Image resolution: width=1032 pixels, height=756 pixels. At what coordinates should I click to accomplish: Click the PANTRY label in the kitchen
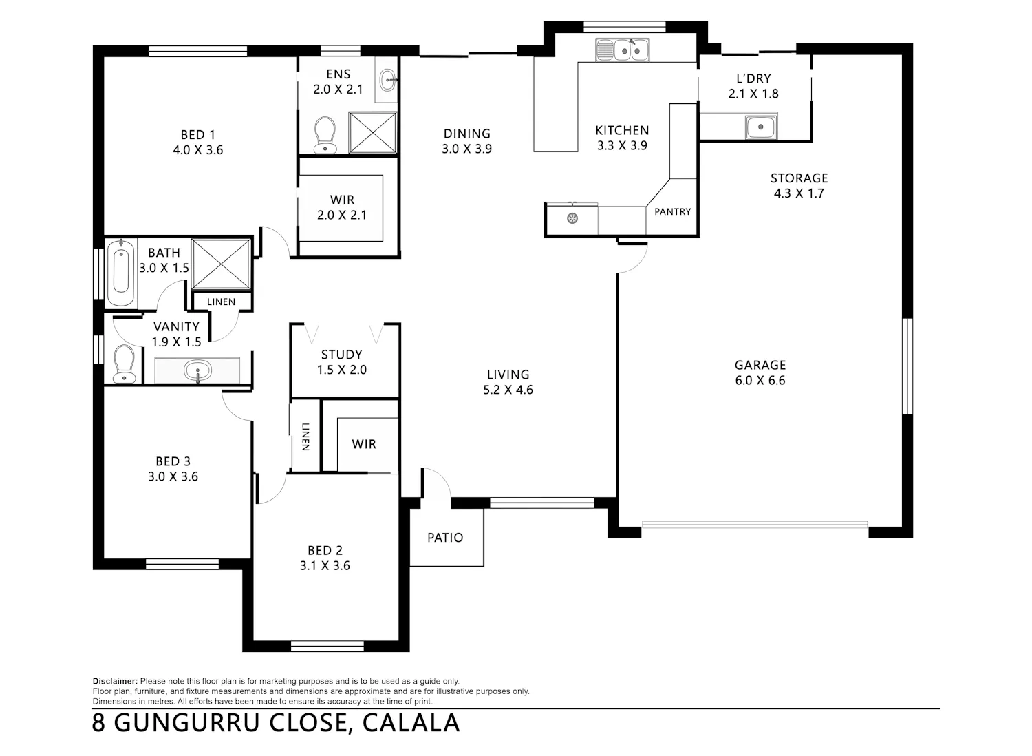coord(672,211)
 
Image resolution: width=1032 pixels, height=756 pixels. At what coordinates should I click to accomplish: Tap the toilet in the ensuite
coord(325,134)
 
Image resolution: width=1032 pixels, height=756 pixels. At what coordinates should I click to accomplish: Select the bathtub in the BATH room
coord(121,273)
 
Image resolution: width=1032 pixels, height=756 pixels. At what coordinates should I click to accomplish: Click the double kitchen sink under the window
coord(623,50)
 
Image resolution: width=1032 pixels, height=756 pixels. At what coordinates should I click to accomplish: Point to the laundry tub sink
coord(761,127)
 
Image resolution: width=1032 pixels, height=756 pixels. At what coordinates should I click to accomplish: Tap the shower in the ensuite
coord(372,132)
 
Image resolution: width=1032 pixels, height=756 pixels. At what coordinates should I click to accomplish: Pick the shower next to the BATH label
coord(221,264)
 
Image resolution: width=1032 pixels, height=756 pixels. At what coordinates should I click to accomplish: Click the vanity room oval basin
coord(197,370)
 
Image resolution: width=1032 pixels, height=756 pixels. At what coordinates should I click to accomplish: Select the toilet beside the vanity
coord(124,364)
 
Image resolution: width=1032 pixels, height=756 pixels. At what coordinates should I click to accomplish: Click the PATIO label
coord(445,538)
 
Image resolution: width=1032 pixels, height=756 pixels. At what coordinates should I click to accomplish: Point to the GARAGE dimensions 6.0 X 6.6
coord(760,380)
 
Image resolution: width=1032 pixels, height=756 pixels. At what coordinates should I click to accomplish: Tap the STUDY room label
coord(341,355)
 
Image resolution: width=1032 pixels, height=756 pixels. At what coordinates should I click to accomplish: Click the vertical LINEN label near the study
coord(305,437)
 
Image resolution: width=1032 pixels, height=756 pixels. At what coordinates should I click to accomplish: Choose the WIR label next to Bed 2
coord(364,444)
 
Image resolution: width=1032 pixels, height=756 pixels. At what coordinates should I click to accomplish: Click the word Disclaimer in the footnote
coord(115,681)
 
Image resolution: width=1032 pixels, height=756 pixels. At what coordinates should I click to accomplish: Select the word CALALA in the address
coord(411,723)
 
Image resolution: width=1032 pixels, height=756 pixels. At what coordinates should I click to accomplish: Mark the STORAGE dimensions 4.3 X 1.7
coord(799,193)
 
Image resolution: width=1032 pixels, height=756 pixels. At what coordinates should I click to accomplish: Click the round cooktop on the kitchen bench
coord(572,218)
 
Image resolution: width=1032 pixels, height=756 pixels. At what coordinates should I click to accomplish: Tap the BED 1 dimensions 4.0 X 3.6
coord(198,150)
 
